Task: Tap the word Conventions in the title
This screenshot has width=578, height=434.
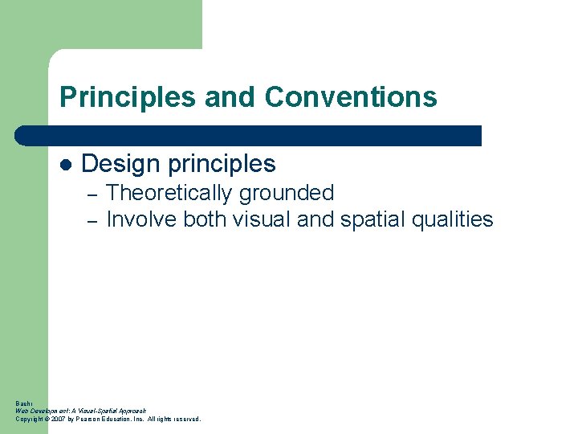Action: click(351, 97)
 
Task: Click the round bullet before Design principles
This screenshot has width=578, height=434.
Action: click(67, 165)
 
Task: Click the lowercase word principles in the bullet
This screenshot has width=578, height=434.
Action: click(223, 164)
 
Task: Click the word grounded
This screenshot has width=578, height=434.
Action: click(294, 193)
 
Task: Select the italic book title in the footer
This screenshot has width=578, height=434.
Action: click(80, 411)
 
